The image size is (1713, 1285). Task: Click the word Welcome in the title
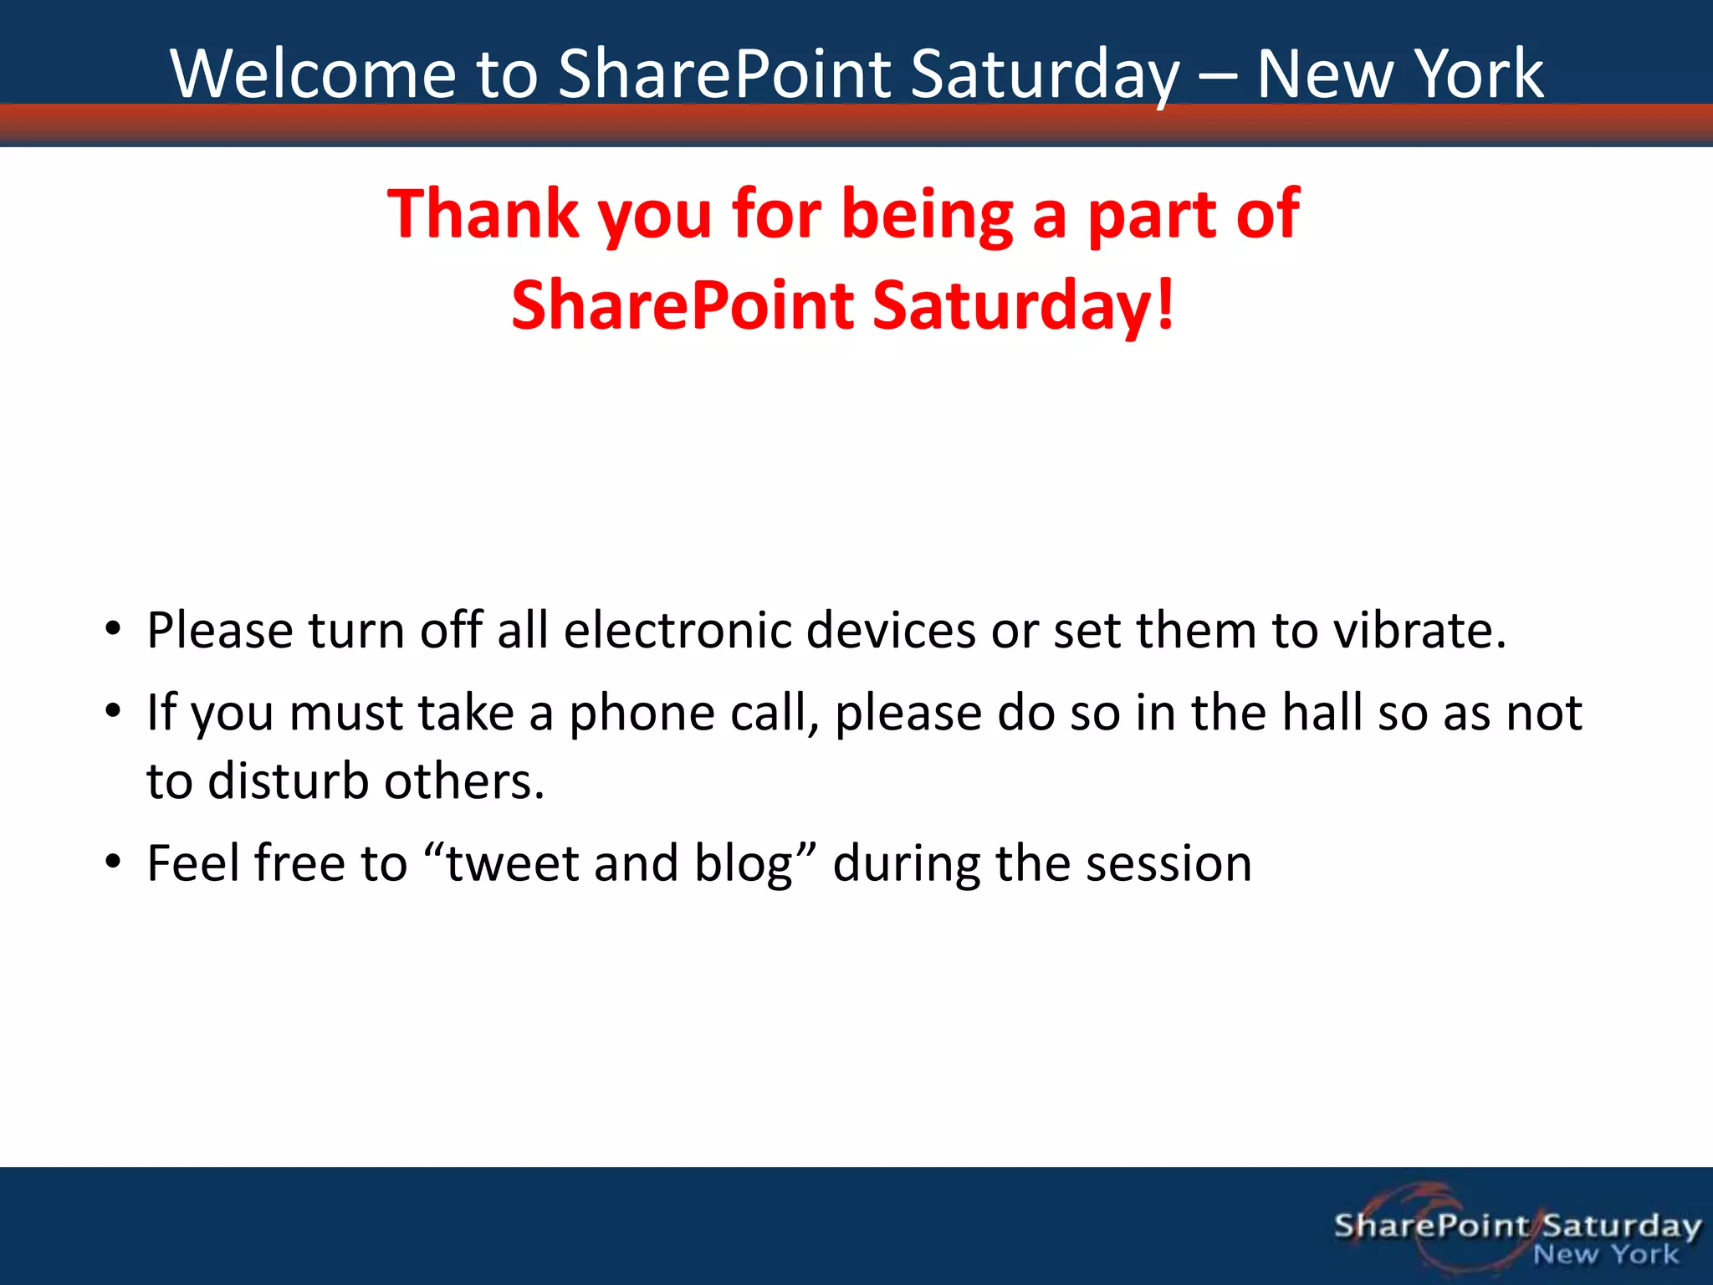coord(314,74)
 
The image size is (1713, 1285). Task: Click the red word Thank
coord(483,214)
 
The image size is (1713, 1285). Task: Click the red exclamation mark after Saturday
coord(1165,305)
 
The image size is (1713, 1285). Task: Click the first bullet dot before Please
coord(114,630)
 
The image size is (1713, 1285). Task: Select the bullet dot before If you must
coord(114,713)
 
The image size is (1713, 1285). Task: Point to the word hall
coord(1322,713)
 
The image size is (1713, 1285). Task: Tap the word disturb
coord(288,781)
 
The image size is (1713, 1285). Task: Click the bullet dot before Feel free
coord(114,863)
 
